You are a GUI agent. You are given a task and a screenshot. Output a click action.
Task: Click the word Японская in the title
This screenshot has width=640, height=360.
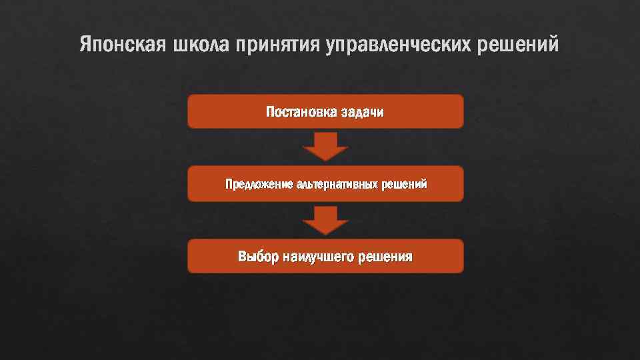(123, 45)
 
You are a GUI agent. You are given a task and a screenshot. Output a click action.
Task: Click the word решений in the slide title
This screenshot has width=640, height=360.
(521, 46)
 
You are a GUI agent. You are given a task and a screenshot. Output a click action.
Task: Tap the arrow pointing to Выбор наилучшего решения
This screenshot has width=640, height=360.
(325, 220)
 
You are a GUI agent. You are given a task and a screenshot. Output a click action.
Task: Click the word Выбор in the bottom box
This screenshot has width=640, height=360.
(258, 256)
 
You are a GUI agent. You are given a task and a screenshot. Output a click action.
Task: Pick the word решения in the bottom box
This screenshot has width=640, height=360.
(385, 257)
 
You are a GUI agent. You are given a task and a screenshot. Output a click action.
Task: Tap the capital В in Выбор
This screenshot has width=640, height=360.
(243, 256)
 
